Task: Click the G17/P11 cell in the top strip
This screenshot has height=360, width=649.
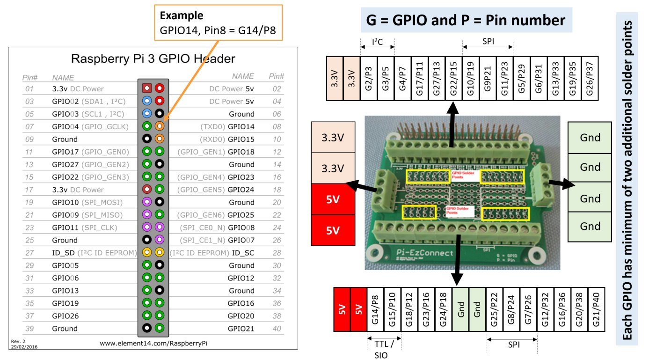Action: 419,79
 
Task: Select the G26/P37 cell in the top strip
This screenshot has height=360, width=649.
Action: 590,79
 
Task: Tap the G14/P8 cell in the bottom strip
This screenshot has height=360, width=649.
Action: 375,309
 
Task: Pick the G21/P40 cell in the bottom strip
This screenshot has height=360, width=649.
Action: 596,309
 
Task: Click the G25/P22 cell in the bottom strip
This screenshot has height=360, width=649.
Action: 495,309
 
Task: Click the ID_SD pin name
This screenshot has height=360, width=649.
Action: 63,253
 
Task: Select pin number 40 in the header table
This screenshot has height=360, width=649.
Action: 277,329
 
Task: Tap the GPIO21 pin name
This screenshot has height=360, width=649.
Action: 241,329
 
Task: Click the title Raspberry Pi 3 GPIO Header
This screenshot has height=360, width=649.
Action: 153,59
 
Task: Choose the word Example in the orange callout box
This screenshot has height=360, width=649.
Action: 182,15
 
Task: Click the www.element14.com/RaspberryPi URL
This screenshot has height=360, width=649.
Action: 153,343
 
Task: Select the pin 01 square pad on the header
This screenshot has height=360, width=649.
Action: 147,88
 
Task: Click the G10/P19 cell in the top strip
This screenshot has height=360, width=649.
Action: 470,79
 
